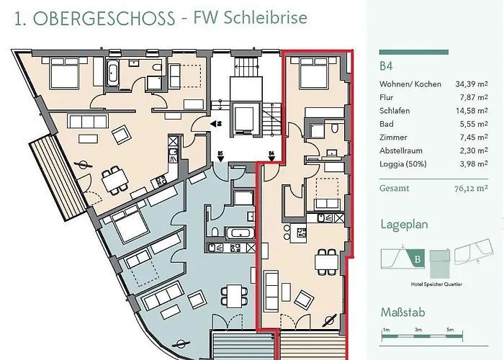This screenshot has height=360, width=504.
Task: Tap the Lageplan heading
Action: coord(404,225)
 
